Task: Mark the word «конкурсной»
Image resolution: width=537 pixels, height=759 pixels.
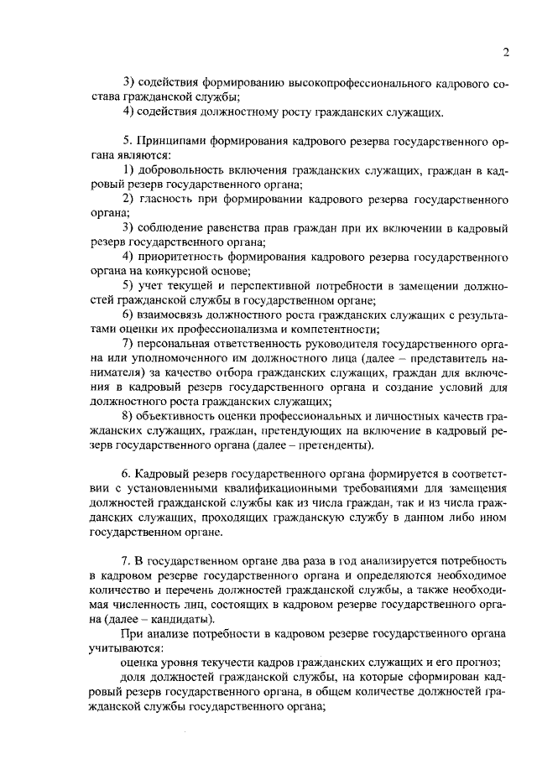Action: click(174, 272)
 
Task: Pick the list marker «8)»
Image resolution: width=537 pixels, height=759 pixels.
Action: click(128, 417)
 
